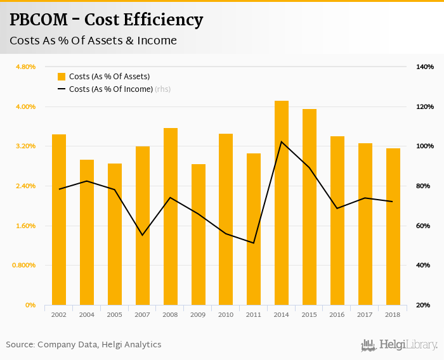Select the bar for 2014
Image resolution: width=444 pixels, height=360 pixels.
pos(282,203)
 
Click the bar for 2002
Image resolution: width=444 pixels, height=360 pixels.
pos(59,219)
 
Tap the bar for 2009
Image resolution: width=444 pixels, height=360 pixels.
pos(199,235)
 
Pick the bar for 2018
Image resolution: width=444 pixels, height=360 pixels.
pos(393,226)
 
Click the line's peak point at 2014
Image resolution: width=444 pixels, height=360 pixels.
pos(282,141)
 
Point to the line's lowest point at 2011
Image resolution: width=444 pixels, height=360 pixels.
pos(254,243)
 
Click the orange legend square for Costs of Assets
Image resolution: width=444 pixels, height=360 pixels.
pos(62,77)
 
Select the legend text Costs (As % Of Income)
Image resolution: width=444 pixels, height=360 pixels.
pos(111,89)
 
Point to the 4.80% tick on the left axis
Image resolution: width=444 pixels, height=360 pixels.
pos(26,67)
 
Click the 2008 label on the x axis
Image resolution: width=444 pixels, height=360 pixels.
pos(171,314)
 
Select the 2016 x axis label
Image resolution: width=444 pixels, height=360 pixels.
pos(337,314)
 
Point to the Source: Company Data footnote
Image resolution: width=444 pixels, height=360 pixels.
pos(84,345)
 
